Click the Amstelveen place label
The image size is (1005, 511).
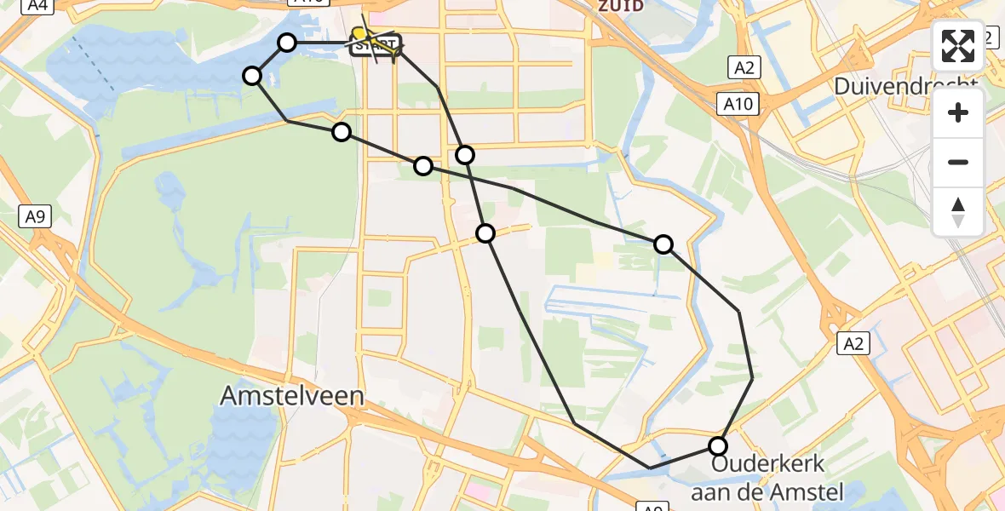click(292, 395)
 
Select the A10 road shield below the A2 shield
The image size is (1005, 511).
click(738, 103)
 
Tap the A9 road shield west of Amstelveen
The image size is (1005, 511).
click(35, 216)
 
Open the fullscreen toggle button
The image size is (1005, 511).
click(958, 46)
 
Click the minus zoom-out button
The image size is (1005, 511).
click(958, 162)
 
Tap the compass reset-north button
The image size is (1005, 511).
click(958, 212)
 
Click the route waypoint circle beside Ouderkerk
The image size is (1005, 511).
click(718, 445)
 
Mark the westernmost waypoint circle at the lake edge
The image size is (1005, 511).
click(252, 76)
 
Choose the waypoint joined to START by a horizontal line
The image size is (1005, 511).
click(287, 43)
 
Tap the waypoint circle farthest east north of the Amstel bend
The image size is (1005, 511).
click(663, 245)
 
